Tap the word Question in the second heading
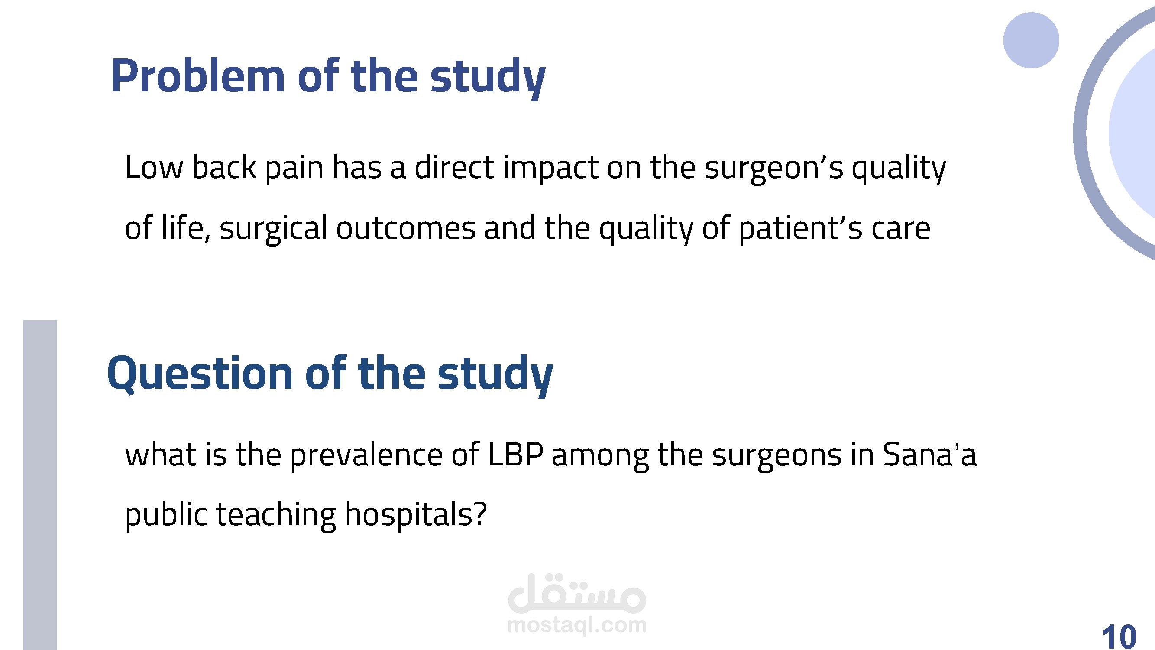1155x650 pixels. coord(200,373)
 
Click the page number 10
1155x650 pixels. coord(1119,635)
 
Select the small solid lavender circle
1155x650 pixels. coord(1031,40)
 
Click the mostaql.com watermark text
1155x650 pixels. coord(576,624)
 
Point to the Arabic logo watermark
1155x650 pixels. coord(577,593)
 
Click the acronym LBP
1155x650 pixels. coord(515,455)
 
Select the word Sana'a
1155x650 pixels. coord(929,455)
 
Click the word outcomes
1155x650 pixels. coord(406,228)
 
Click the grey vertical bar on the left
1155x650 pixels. coord(40,485)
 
